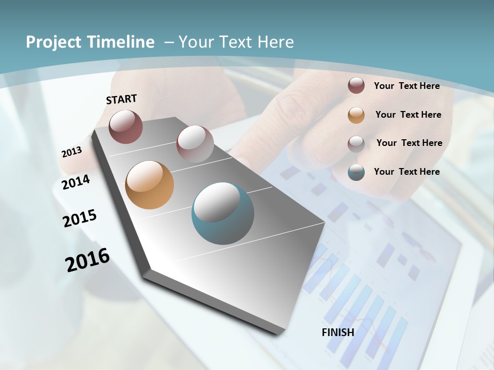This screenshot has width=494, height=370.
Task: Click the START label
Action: (x=121, y=99)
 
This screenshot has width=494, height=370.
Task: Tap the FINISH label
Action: (x=338, y=332)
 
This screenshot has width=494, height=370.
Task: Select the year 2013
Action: (x=72, y=152)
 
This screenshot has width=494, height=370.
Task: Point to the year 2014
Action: (x=76, y=182)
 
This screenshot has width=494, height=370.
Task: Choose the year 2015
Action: (x=79, y=218)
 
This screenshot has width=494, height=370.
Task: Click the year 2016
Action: (x=87, y=260)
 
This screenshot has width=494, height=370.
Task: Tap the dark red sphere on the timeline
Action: (x=126, y=126)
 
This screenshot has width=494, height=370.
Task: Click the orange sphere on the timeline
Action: (x=149, y=185)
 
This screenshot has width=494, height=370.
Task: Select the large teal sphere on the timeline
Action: (x=223, y=213)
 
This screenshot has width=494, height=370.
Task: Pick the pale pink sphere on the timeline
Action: (x=195, y=144)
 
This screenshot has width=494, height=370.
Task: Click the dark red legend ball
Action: (x=356, y=85)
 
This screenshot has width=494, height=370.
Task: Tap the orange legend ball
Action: (x=356, y=115)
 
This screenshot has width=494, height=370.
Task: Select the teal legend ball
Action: (x=356, y=172)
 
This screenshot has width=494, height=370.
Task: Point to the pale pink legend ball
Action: (x=356, y=144)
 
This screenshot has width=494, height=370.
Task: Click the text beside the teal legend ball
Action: (x=407, y=172)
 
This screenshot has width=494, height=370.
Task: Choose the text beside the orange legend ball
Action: (x=408, y=115)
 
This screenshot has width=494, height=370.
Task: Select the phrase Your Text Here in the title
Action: (x=236, y=42)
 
